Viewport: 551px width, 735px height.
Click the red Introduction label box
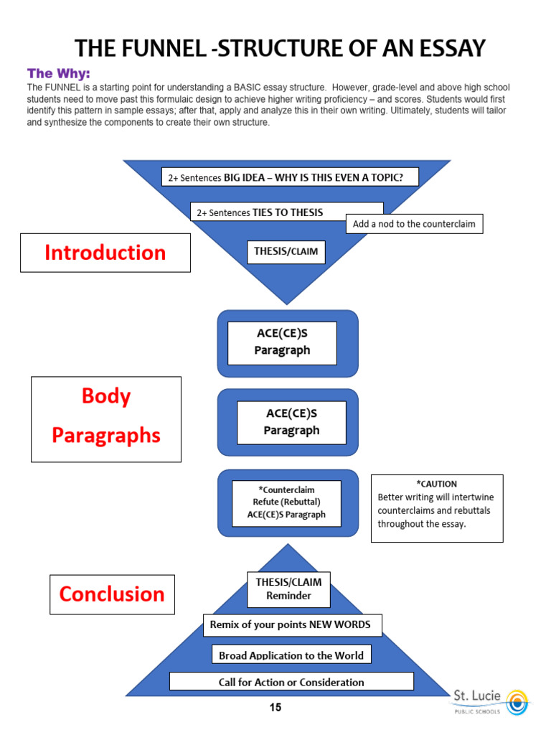[105, 253]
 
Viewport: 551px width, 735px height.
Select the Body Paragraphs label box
[106, 418]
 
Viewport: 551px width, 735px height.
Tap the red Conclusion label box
[112, 594]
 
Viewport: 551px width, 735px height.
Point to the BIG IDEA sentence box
[290, 177]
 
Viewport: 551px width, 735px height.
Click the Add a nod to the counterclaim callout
[414, 224]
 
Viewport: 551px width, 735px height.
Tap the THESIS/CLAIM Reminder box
[288, 589]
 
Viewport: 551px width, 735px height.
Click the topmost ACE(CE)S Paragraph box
[282, 342]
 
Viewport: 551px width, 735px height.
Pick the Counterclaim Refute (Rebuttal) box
[286, 502]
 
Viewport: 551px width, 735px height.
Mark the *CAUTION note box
[436, 504]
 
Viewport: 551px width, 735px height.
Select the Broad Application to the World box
[291, 655]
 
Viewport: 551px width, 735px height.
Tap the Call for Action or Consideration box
[291, 682]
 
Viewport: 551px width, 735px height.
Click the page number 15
[275, 708]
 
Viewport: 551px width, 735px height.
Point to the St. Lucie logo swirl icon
[516, 701]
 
